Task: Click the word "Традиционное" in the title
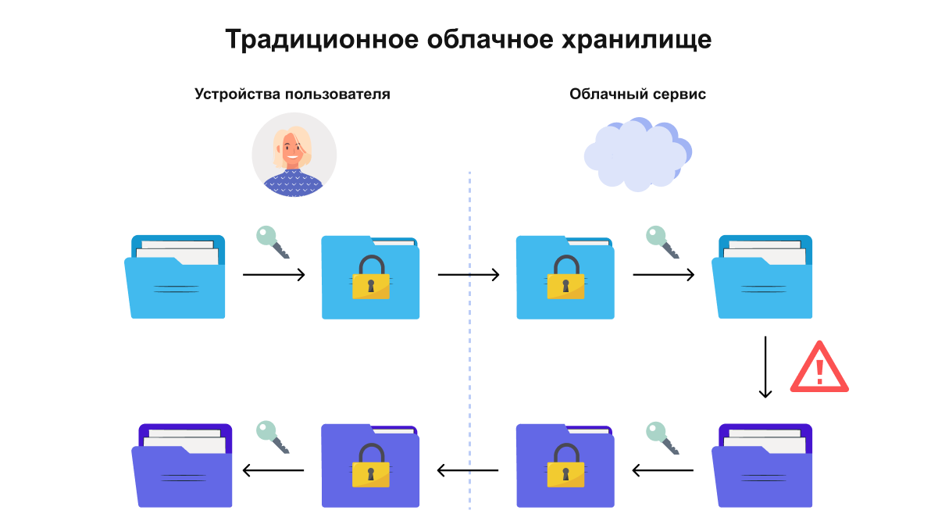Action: tap(322, 40)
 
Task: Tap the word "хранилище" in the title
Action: tap(637, 40)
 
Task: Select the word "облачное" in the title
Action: tap(490, 39)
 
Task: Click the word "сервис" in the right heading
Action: tap(679, 95)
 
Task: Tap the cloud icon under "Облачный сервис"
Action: tap(638, 154)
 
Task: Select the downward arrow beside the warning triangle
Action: tap(765, 367)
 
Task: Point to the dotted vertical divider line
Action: tap(469, 341)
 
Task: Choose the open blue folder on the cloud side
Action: tap(762, 276)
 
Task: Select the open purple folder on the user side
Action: tap(182, 466)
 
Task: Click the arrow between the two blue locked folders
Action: tap(469, 275)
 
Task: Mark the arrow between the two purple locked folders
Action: tap(468, 470)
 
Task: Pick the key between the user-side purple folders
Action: tap(273, 437)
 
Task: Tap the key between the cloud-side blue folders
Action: tap(662, 242)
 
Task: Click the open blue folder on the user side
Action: tap(175, 276)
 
